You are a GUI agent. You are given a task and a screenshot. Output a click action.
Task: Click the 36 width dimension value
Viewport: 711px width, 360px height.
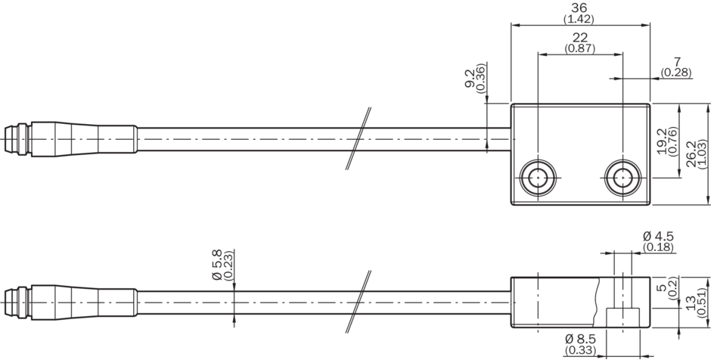pyautogui.click(x=579, y=8)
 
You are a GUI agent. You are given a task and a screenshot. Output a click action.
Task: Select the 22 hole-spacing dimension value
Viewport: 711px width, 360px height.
pyautogui.click(x=580, y=38)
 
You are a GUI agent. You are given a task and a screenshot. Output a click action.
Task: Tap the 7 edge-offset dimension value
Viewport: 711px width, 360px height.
pyautogui.click(x=678, y=62)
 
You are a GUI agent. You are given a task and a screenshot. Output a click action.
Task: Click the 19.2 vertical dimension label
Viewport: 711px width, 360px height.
pyautogui.click(x=662, y=141)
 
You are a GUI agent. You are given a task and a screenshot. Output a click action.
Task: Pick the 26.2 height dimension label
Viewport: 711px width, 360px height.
pyautogui.click(x=691, y=154)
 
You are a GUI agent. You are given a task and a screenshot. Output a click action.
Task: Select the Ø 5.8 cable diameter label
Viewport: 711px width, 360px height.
pyautogui.click(x=217, y=265)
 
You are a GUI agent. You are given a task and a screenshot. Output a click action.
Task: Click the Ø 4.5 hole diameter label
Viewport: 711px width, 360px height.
pyautogui.click(x=658, y=236)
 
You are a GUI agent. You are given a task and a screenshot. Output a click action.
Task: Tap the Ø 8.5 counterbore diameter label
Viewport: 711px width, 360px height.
pyautogui.click(x=580, y=339)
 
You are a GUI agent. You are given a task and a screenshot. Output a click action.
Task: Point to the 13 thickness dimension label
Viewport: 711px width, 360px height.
pyautogui.click(x=691, y=303)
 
